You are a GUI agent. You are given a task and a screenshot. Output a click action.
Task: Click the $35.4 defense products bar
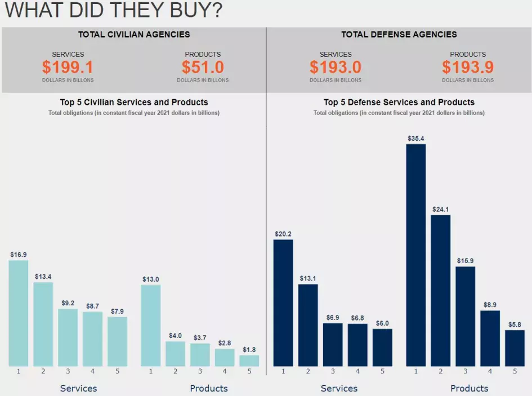415,255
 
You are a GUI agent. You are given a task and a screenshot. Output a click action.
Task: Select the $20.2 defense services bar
283,302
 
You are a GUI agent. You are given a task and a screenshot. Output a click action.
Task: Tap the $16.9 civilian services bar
19,313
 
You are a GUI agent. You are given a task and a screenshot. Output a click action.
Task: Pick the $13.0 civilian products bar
151,325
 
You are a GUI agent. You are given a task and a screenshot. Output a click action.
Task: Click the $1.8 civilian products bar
249,361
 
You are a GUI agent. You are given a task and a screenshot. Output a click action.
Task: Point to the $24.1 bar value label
441,210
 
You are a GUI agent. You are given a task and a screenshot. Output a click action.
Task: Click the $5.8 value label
515,324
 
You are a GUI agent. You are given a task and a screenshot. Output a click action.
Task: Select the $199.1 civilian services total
68,68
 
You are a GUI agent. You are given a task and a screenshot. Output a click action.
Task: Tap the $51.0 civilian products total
203,68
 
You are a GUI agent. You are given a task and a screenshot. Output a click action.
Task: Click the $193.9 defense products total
468,68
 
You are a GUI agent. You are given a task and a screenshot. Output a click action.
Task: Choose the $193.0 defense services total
336,68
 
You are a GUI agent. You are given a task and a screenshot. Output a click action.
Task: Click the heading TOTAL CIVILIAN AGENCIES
134,34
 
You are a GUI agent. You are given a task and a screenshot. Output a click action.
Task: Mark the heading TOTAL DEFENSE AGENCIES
399,34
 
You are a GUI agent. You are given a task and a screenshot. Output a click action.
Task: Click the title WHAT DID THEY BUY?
113,10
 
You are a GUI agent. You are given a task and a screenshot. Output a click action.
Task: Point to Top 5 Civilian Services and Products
134,102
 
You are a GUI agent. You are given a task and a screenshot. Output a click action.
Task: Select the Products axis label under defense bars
470,388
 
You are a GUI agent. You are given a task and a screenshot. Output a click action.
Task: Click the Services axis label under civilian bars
79,388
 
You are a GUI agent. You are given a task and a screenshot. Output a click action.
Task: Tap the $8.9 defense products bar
490,338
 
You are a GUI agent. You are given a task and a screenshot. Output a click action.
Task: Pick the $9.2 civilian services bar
68,337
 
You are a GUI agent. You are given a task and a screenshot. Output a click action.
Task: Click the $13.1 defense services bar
308,325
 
